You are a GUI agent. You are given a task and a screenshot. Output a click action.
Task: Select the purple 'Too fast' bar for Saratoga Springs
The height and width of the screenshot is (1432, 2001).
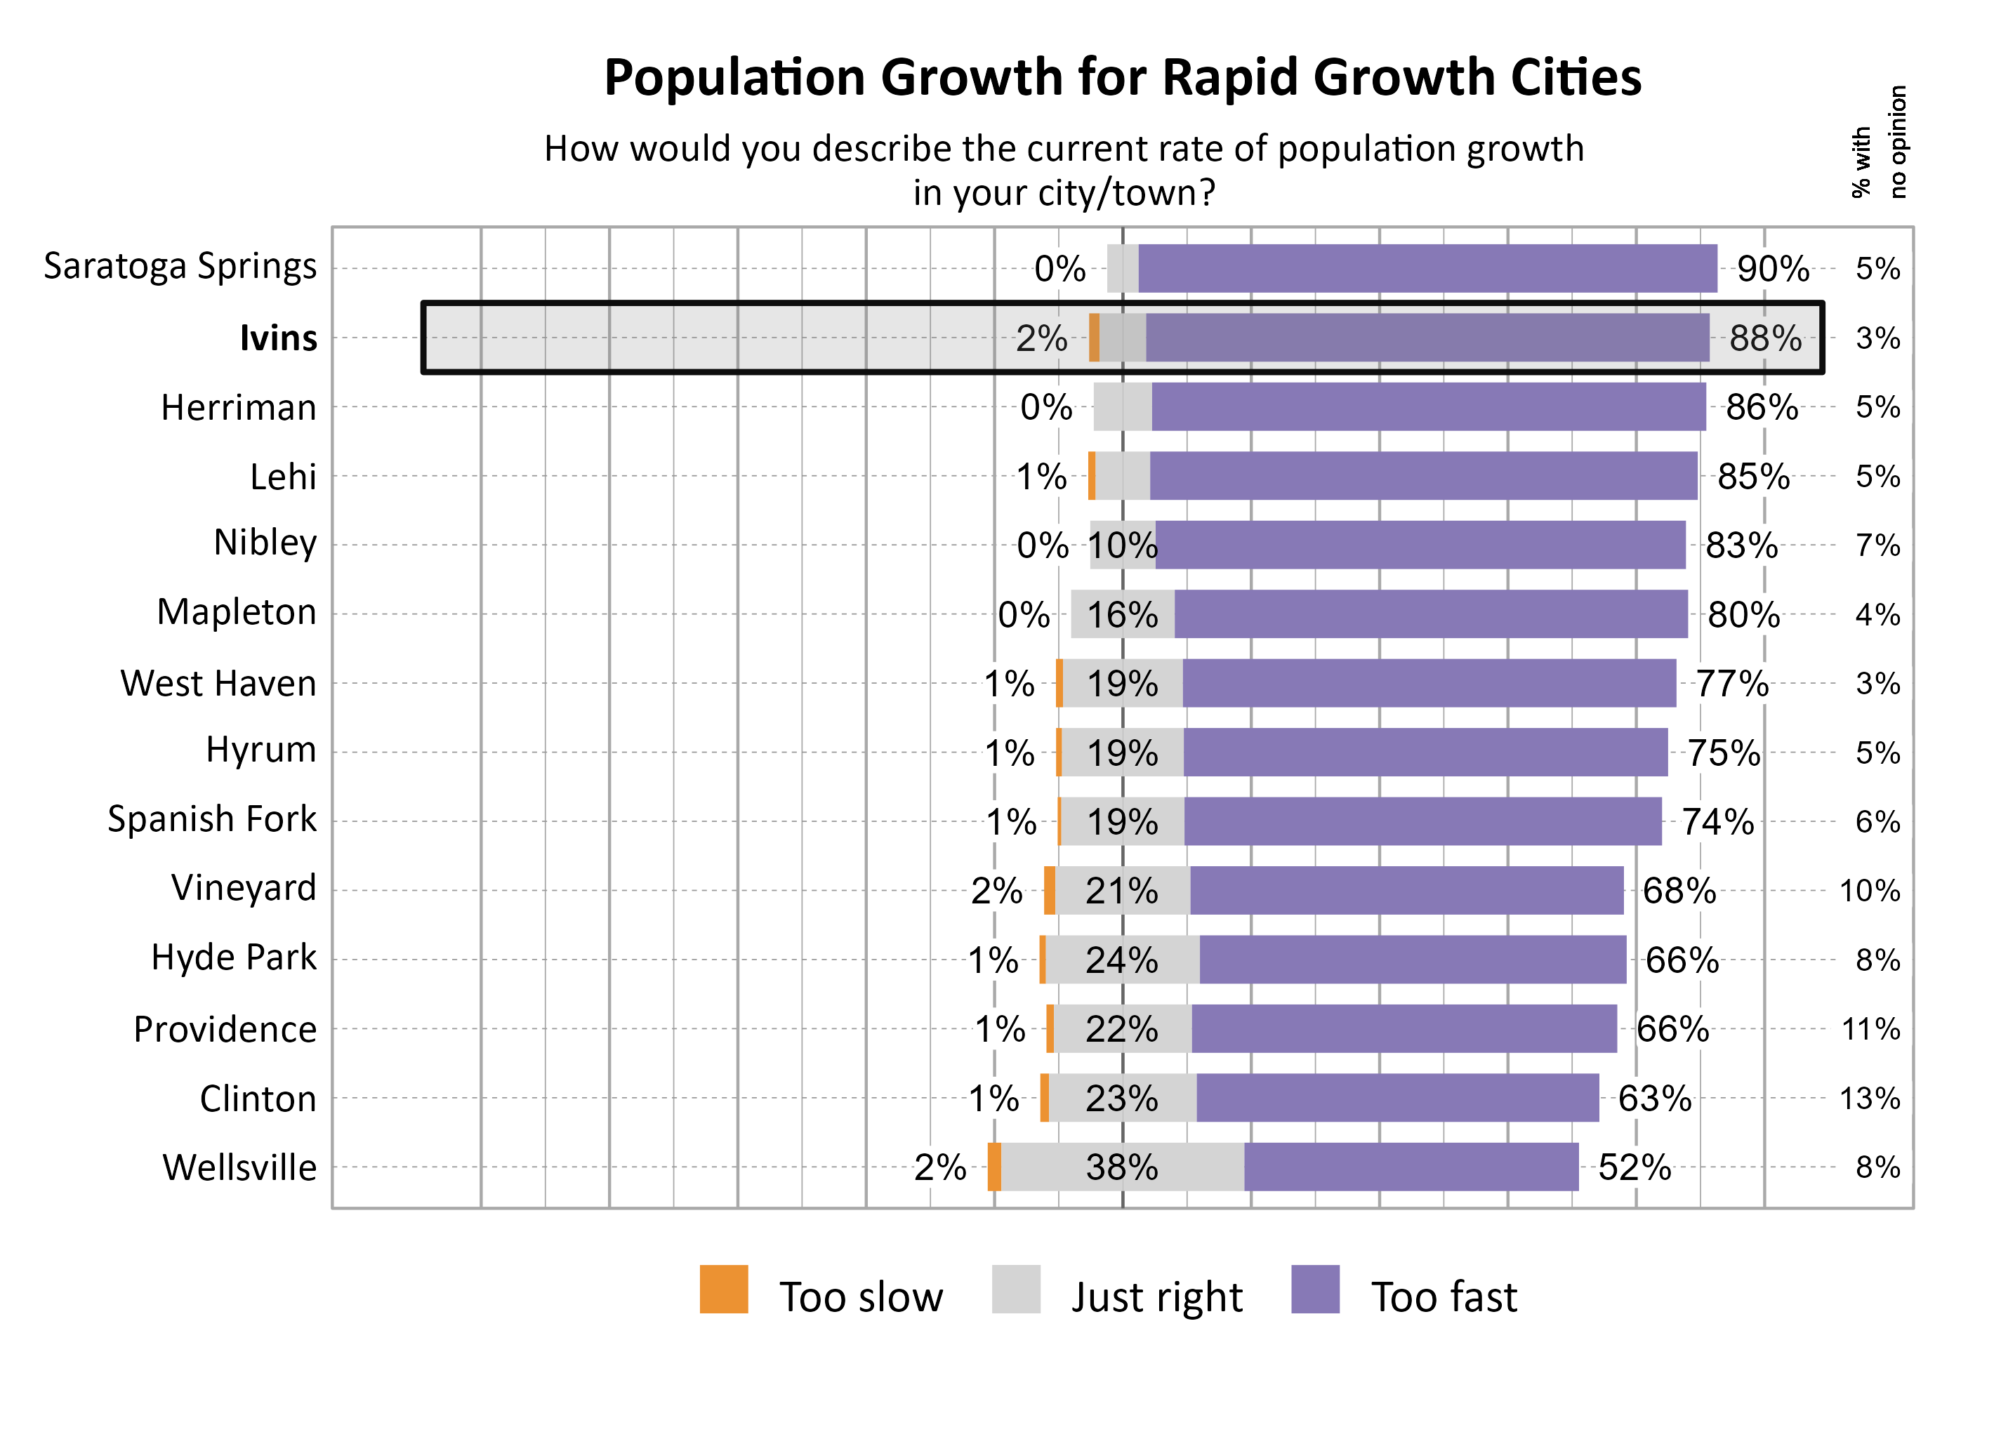[1426, 268]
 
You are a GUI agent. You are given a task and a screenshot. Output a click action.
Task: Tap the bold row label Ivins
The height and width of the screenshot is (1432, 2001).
[278, 338]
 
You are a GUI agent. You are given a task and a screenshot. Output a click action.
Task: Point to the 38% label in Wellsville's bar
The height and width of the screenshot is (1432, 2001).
[1121, 1167]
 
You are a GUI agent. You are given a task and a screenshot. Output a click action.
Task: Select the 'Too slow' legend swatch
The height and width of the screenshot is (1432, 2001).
[723, 1290]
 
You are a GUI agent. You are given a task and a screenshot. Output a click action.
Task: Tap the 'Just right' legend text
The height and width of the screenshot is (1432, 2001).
[1156, 1297]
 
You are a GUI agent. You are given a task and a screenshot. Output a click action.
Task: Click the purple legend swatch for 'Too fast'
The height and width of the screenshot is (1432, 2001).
[1314, 1290]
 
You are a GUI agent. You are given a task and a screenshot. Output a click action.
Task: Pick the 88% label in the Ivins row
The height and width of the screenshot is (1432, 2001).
[1764, 338]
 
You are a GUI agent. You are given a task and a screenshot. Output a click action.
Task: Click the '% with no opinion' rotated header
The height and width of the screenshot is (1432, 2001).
[1877, 142]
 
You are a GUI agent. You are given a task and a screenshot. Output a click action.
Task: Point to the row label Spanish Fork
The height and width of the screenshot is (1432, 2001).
[211, 819]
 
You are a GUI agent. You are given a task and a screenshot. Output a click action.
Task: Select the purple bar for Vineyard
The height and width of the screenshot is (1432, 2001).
[1406, 891]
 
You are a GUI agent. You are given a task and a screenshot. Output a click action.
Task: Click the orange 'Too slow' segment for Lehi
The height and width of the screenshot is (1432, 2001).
[1091, 476]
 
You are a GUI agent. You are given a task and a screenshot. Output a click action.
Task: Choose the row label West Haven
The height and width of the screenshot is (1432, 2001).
[218, 684]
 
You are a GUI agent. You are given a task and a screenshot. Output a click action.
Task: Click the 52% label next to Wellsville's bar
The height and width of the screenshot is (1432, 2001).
[1633, 1167]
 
